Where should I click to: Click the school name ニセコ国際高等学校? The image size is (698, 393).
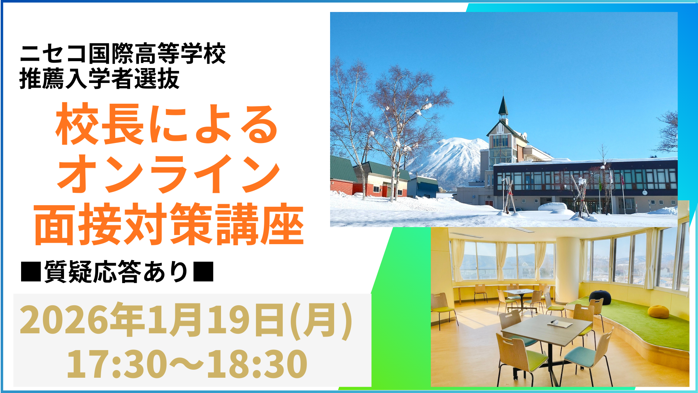click(x=123, y=53)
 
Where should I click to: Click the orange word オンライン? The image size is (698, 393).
click(x=168, y=174)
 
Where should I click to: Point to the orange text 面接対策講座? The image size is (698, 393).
click(x=169, y=224)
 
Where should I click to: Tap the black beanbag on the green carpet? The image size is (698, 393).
click(x=600, y=297)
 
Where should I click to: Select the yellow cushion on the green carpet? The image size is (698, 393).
click(x=658, y=311)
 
